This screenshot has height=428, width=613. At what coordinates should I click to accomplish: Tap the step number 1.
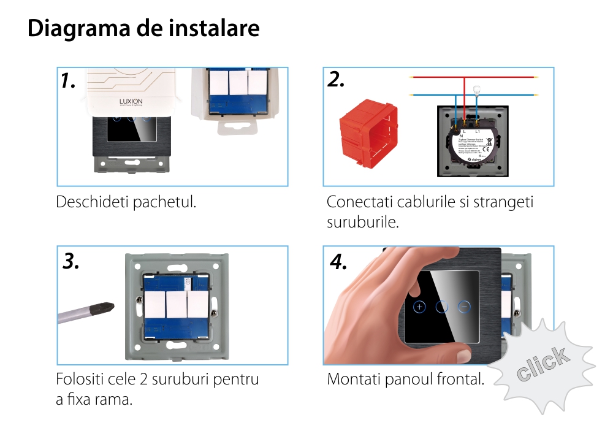69,80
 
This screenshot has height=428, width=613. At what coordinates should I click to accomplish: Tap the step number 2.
336,80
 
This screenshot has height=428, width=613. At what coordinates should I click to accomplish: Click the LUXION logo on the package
129,102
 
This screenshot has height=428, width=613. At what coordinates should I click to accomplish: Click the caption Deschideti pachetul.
126,202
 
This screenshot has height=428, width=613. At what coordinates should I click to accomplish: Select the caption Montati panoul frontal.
405,379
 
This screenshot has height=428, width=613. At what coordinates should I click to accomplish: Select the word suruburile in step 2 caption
363,222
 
